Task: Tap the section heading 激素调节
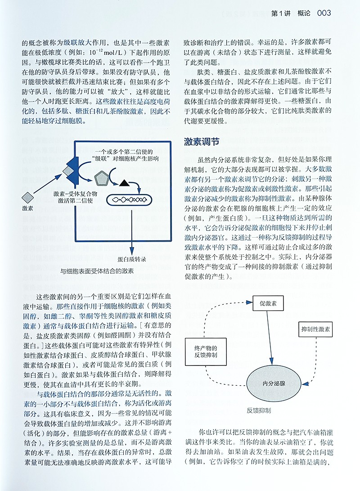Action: tap(202, 142)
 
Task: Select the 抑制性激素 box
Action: tap(315, 330)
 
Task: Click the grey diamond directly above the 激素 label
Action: tap(28, 197)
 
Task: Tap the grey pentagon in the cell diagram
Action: tap(102, 179)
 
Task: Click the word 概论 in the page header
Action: tap(301, 13)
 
